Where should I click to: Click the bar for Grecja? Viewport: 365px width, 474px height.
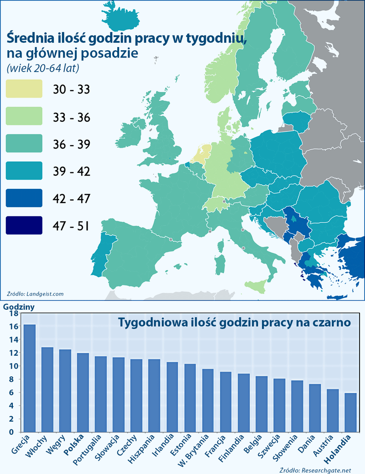pos(30,378)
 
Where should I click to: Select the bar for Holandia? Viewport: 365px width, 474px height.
pos(350,412)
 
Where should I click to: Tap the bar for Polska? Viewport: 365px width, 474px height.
pos(83,392)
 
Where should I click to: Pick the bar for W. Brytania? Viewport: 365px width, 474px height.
pos(208,400)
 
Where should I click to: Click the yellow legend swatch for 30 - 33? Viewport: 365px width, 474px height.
pos(24,89)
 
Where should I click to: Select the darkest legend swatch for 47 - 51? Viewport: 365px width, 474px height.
pos(24,225)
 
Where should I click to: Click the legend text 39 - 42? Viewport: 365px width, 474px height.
pos(72,171)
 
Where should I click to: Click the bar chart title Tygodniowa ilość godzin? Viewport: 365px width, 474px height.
pos(234,323)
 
